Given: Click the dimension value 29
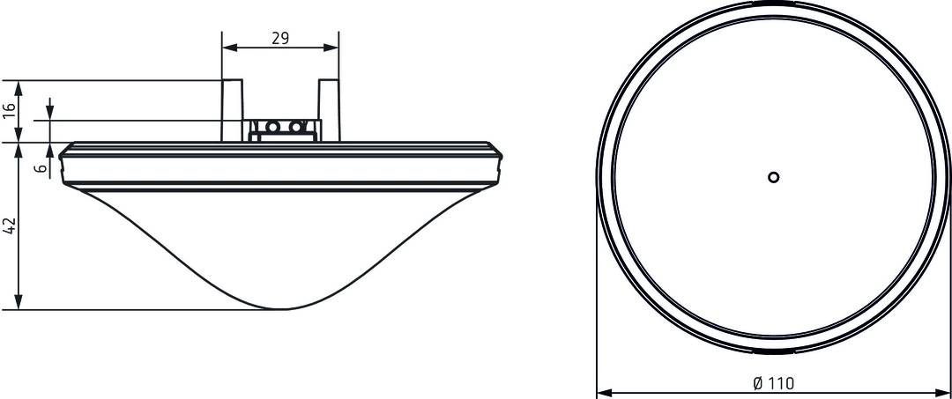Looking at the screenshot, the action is click(x=280, y=38).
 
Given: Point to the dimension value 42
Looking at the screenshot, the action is click(x=9, y=225).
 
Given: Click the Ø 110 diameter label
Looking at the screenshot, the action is click(x=773, y=382).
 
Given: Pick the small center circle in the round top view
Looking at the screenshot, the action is click(x=773, y=177).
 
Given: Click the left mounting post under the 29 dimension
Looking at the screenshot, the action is click(x=232, y=110).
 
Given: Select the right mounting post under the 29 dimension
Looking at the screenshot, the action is click(x=330, y=110).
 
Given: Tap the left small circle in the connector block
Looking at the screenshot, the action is click(x=272, y=128).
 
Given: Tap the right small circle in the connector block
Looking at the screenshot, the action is click(x=295, y=128).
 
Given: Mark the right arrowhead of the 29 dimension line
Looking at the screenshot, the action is click(x=331, y=48).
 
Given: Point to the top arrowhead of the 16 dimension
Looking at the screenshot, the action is click(x=19, y=87).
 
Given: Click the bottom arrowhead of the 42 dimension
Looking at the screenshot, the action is click(x=19, y=302).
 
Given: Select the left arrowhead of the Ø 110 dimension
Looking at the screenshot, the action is click(x=604, y=392).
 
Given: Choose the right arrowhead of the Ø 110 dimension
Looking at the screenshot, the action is click(x=943, y=392).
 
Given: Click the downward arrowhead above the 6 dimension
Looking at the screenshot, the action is click(x=49, y=113).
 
